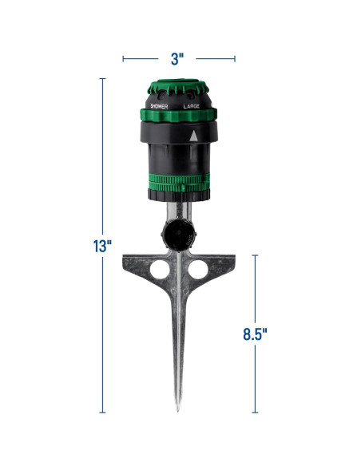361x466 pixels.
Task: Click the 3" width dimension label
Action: [x=178, y=57]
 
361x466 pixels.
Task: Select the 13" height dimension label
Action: [x=101, y=246]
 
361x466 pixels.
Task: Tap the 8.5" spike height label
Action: [x=255, y=334]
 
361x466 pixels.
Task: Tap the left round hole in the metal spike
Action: [x=160, y=271]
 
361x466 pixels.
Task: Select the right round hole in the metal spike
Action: [x=196, y=271]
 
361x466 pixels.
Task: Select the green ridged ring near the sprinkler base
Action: [x=179, y=192]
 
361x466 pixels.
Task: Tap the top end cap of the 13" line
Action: [x=102, y=78]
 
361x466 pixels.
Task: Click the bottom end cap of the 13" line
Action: [x=102, y=413]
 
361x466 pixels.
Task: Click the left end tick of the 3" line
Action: [x=123, y=57]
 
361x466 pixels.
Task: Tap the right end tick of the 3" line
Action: [x=235, y=57]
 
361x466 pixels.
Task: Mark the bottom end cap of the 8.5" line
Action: [x=256, y=413]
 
